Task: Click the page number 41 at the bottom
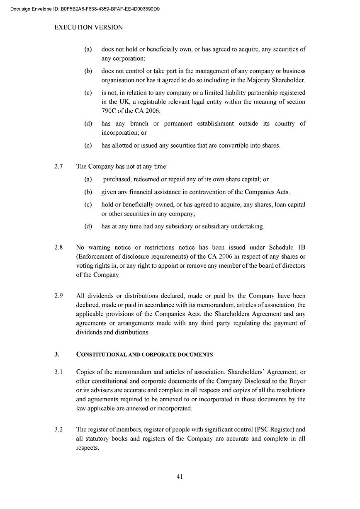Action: click(180, 476)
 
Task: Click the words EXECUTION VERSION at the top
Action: click(89, 27)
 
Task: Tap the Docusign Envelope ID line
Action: click(85, 9)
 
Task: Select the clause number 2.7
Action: click(58, 167)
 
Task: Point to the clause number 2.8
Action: click(58, 247)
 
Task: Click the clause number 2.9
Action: click(58, 296)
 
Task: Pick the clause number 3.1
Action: click(58, 372)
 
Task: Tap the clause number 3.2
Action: click(58, 430)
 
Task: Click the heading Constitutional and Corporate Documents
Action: click(145, 354)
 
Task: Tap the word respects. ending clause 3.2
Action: click(88, 448)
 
